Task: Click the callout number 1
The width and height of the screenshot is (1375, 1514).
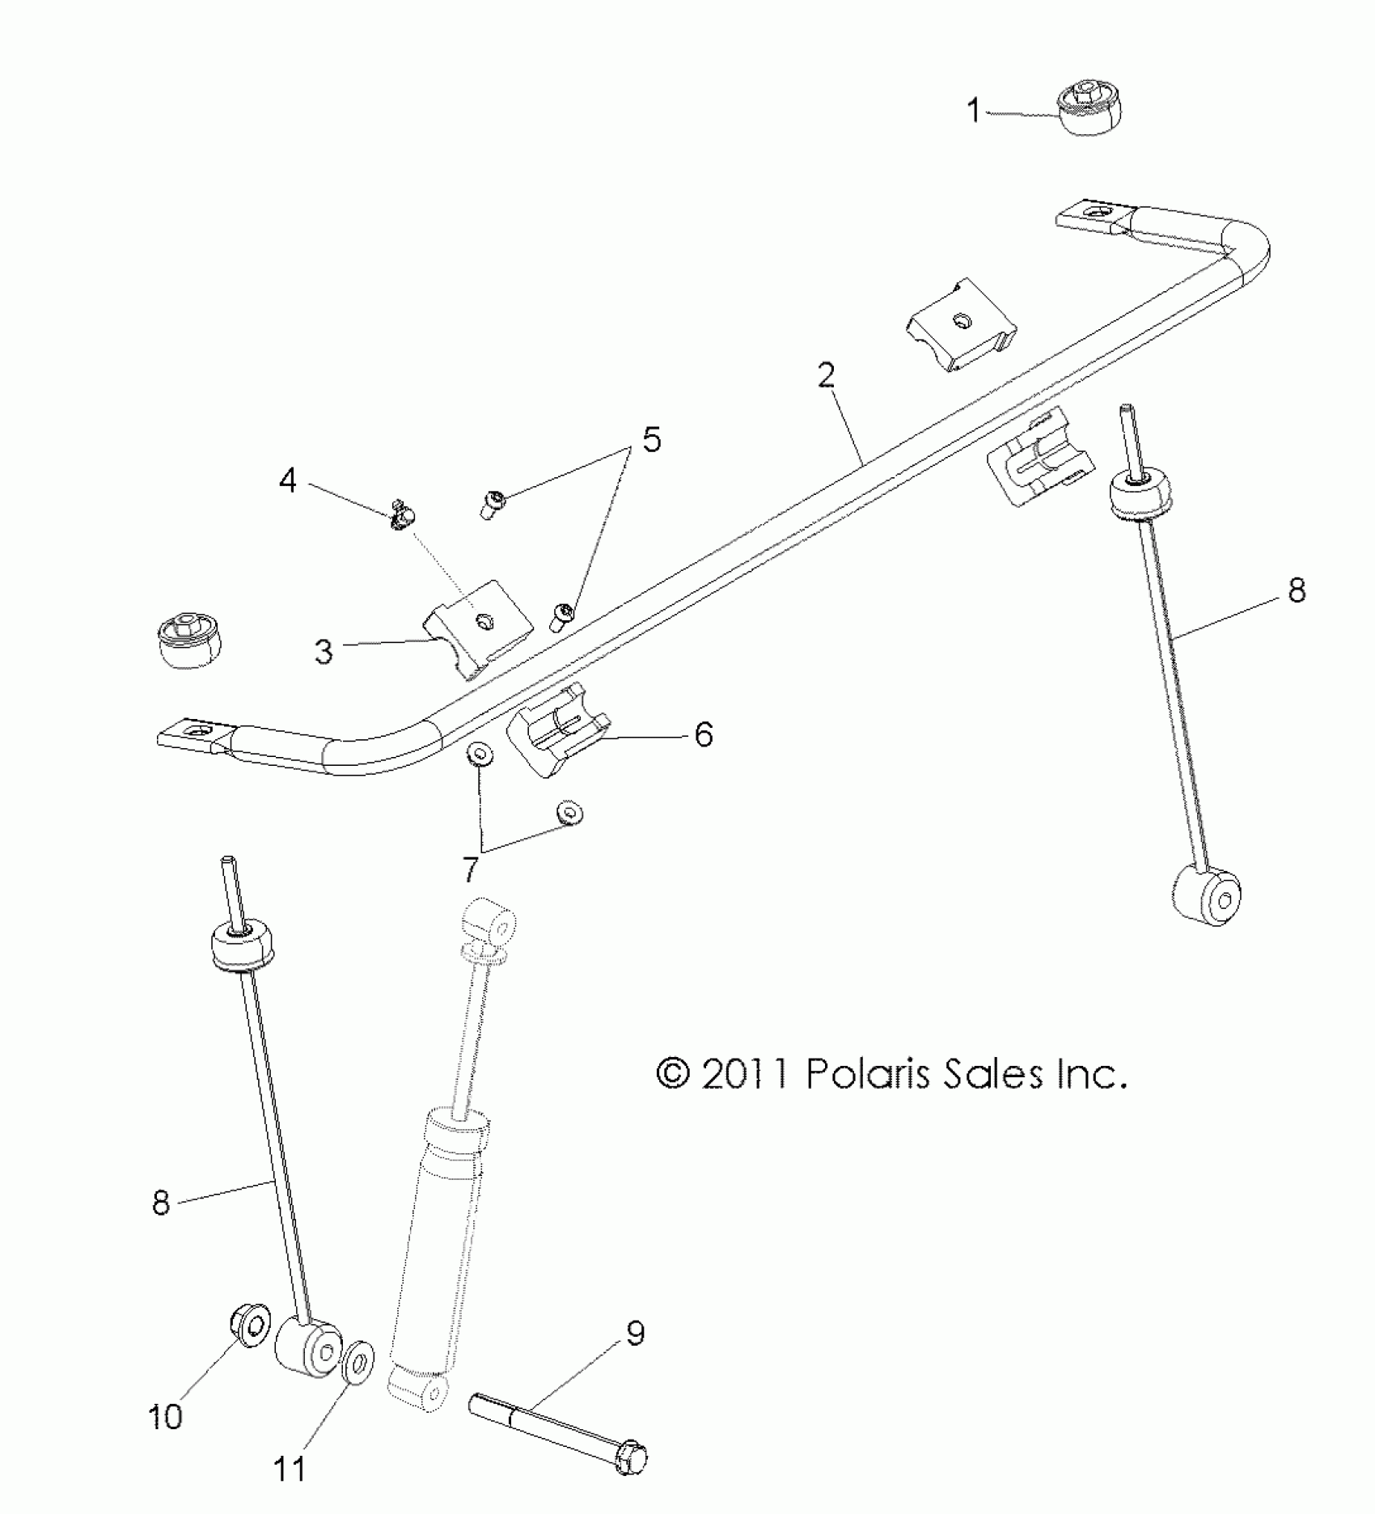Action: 975,110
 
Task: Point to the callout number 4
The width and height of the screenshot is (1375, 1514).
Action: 288,482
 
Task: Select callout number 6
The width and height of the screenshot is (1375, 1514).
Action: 703,734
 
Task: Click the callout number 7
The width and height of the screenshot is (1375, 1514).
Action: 470,871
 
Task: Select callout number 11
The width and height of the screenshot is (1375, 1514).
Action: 290,1468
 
